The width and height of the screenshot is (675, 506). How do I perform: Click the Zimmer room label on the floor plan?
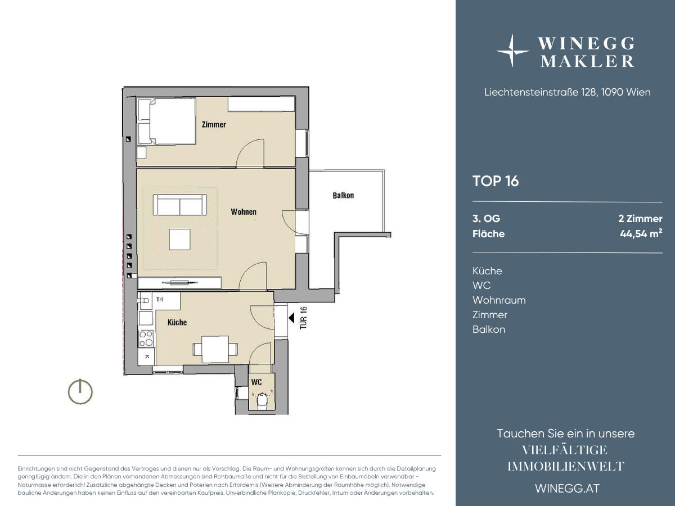tap(214, 124)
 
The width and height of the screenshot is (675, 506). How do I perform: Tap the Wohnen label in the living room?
tap(243, 212)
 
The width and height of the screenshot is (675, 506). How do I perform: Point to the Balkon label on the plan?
tap(343, 196)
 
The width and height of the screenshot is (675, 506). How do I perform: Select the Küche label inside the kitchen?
tap(177, 322)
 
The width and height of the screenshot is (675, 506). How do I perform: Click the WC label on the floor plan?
tap(256, 382)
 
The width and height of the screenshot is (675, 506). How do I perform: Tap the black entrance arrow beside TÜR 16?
tap(291, 318)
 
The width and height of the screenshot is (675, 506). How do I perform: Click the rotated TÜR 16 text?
tap(303, 318)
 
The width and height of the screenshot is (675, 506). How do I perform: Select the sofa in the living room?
tap(180, 205)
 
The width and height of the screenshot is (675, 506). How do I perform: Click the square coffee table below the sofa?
tap(179, 240)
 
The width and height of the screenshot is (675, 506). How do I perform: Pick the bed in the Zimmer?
tap(166, 121)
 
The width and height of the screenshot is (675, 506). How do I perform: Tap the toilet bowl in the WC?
tap(262, 401)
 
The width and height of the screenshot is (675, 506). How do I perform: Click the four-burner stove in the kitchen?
tap(146, 338)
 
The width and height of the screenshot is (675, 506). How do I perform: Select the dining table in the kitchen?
tap(215, 349)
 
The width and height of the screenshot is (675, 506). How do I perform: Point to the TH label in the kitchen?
tap(160, 299)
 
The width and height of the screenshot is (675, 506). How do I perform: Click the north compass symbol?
tap(80, 391)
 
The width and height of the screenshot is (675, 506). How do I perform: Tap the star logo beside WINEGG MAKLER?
tap(512, 51)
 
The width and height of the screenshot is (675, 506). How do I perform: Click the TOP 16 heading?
tap(496, 181)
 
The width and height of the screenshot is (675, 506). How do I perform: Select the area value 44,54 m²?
tap(641, 234)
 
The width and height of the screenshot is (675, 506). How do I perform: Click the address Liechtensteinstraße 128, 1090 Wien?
tap(568, 92)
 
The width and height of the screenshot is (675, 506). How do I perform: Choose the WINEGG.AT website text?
tap(568, 489)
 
